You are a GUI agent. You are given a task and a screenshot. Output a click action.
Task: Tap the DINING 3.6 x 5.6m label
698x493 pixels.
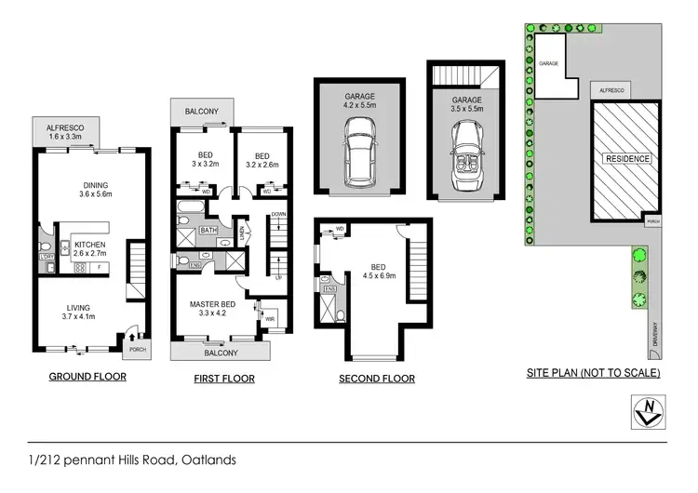click(x=96, y=190)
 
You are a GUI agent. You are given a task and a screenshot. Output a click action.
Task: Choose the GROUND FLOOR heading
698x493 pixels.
click(x=87, y=377)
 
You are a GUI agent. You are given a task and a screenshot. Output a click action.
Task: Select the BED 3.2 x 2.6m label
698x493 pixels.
click(x=258, y=160)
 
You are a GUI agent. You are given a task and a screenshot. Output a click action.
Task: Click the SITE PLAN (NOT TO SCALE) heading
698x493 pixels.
click(x=593, y=373)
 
